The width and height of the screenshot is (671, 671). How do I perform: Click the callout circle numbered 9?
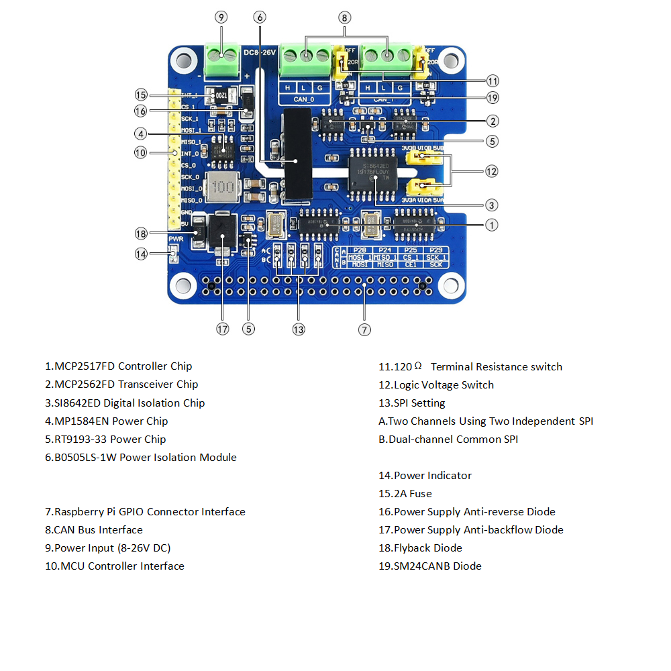pyautogui.click(x=222, y=17)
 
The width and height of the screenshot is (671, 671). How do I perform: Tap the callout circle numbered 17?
pyautogui.click(x=222, y=329)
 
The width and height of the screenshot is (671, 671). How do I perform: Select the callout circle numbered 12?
pyautogui.click(x=492, y=171)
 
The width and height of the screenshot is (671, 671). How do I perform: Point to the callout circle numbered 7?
pyautogui.click(x=364, y=329)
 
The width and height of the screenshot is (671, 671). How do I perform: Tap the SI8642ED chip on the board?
pyautogui.click(x=374, y=172)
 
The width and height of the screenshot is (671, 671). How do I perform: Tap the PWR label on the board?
pyautogui.click(x=176, y=239)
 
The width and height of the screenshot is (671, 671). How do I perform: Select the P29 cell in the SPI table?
pyautogui.click(x=437, y=250)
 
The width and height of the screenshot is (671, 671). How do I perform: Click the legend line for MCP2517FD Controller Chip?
pyautogui.click(x=119, y=366)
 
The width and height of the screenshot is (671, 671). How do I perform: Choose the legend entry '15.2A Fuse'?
pyautogui.click(x=405, y=493)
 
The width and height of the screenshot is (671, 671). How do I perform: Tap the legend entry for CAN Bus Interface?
pyautogui.click(x=94, y=529)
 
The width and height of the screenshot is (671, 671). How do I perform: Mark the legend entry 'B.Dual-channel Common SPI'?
pyautogui.click(x=448, y=439)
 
